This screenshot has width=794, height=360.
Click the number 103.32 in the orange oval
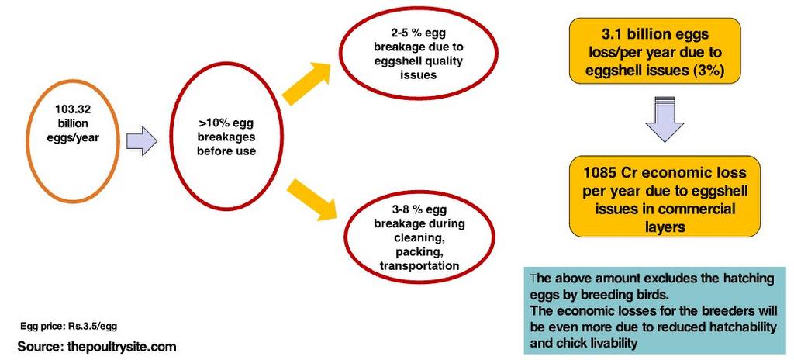(72, 109)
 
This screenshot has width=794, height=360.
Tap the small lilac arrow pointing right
(141, 141)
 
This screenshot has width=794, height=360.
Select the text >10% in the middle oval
(209, 124)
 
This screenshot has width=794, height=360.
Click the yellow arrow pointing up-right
(306, 83)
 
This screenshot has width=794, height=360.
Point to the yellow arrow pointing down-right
(312, 199)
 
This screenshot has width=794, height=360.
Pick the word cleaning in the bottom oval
(419, 238)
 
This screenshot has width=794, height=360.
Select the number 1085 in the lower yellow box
(599, 173)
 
